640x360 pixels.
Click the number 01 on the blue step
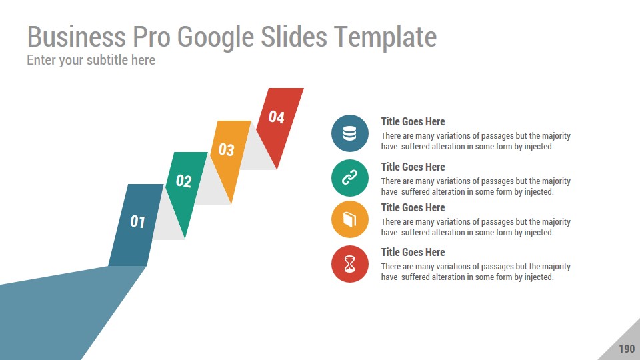click(137, 221)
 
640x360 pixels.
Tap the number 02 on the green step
click(184, 181)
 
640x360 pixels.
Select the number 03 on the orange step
click(227, 149)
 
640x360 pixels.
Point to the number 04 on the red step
click(276, 117)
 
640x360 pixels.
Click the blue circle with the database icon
click(350, 133)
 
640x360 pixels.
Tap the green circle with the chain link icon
click(350, 178)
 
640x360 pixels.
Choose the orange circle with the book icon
click(350, 219)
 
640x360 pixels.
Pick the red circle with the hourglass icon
click(350, 264)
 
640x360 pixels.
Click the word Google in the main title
click(215, 37)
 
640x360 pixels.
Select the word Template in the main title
click(386, 37)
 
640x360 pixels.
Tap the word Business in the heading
click(76, 37)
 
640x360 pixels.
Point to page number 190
click(627, 349)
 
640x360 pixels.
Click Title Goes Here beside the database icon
click(413, 121)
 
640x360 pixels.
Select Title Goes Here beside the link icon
click(413, 167)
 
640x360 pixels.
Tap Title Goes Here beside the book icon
click(413, 208)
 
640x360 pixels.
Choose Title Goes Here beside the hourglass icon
click(413, 252)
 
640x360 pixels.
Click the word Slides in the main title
click(294, 37)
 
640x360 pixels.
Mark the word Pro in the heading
click(151, 37)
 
